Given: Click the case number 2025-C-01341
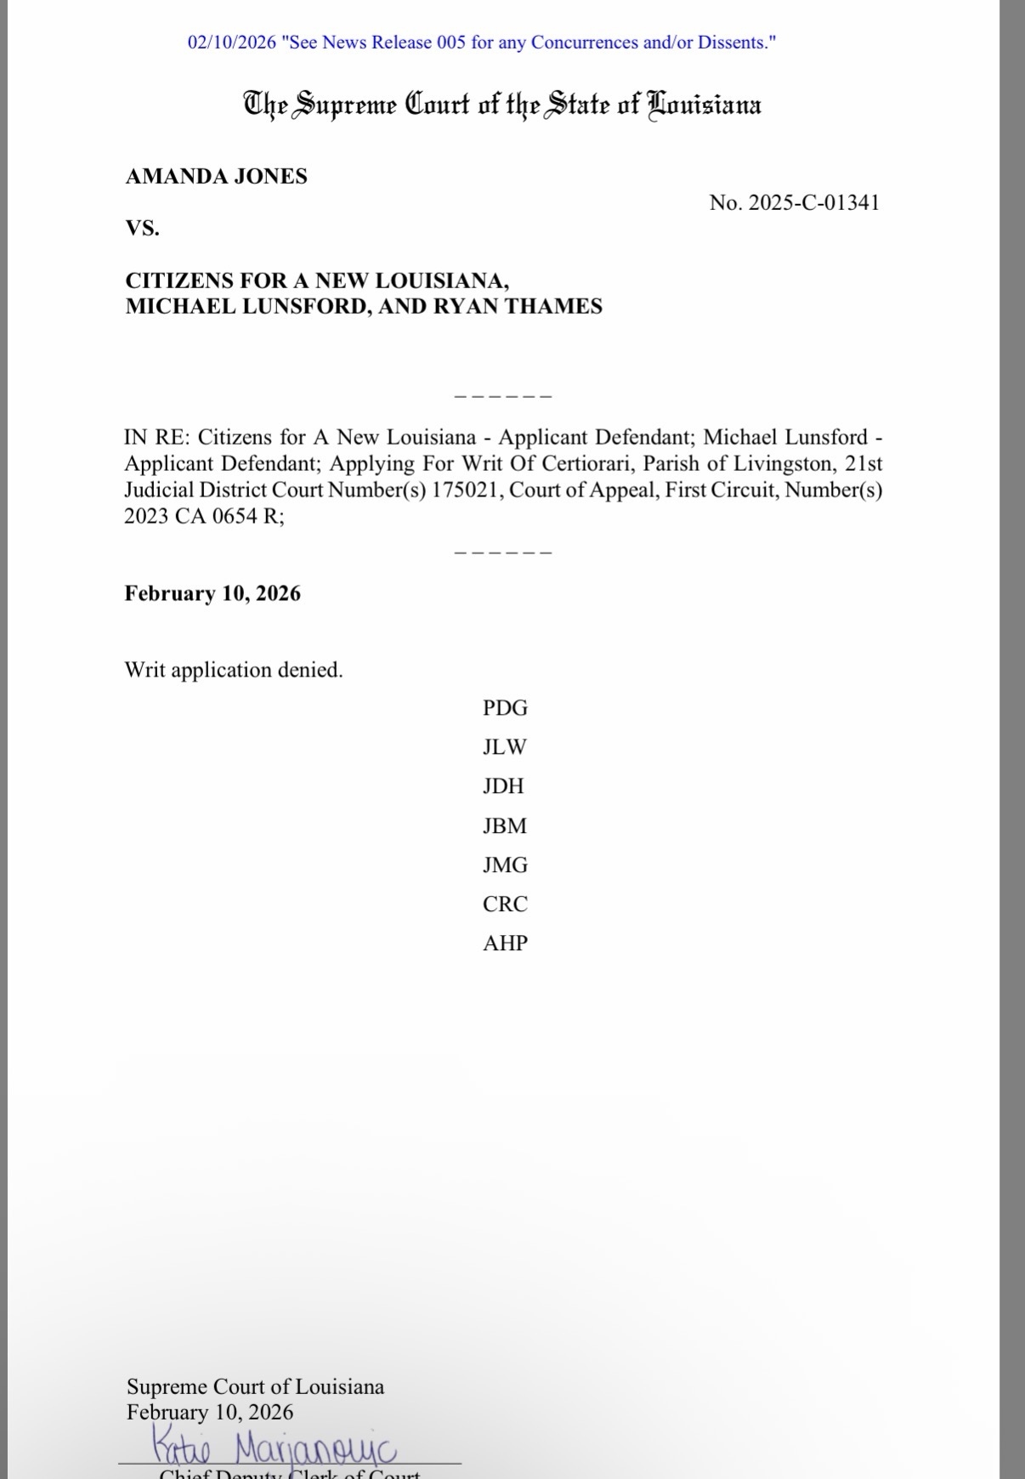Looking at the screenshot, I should pyautogui.click(x=813, y=203).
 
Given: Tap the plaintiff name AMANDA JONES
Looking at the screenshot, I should pyautogui.click(x=217, y=177).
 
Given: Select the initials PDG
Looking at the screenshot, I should pyautogui.click(x=505, y=708).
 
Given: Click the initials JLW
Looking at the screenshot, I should pyautogui.click(x=505, y=747).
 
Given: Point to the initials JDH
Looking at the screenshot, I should pyautogui.click(x=503, y=786).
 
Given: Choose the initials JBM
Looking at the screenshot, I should pyautogui.click(x=505, y=825).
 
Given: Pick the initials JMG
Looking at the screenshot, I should pyautogui.click(x=505, y=865).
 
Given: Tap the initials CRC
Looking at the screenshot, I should pyautogui.click(x=505, y=904).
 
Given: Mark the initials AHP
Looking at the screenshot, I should pyautogui.click(x=505, y=943).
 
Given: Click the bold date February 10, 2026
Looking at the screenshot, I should pyautogui.click(x=212, y=593).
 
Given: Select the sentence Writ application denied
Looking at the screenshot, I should pyautogui.click(x=234, y=670).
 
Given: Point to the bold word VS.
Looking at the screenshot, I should pyautogui.click(x=143, y=229).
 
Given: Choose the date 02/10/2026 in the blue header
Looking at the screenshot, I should pyautogui.click(x=232, y=42).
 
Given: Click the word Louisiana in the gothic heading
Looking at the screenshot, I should pyautogui.click(x=705, y=105).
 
